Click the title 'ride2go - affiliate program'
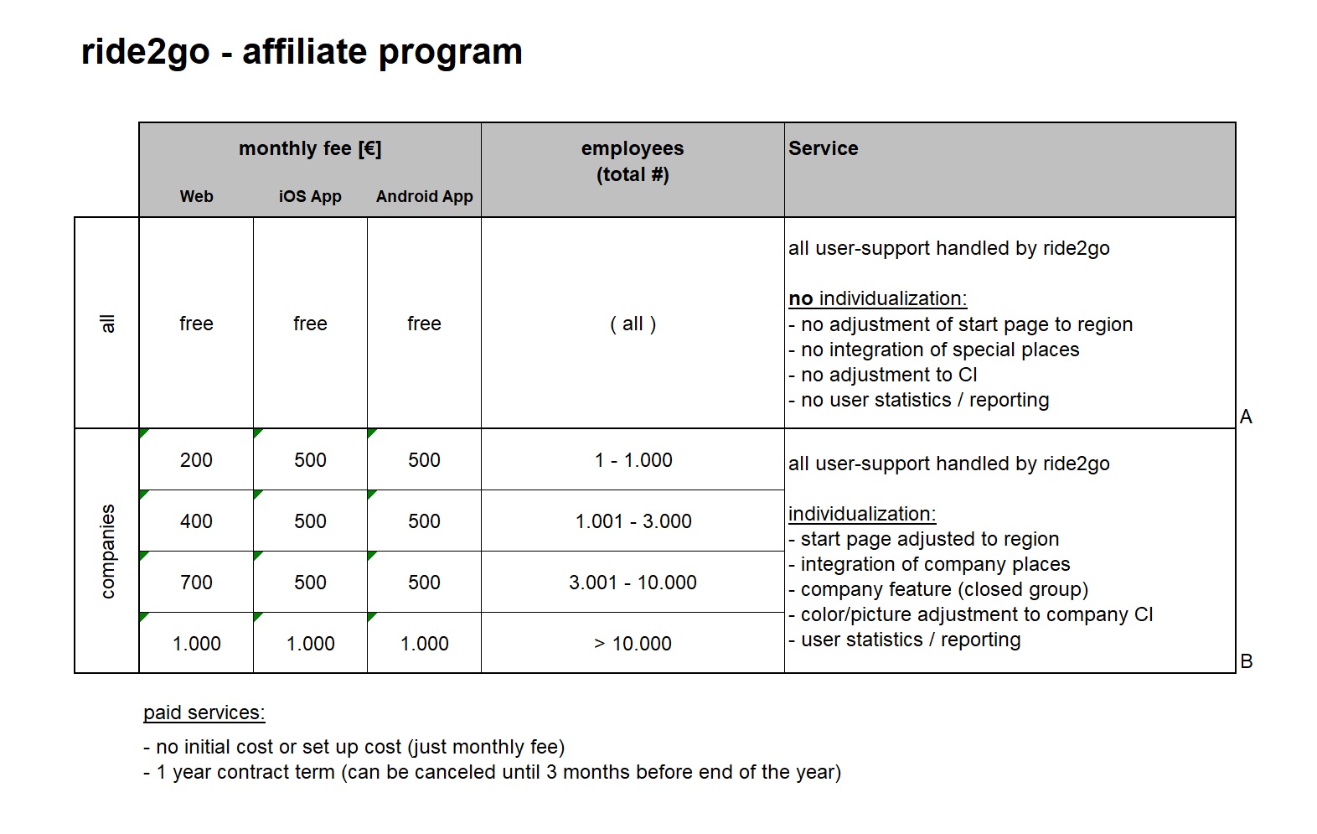click(302, 52)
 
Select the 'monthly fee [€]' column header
click(310, 148)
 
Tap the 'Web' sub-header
click(196, 196)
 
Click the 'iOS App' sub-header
click(310, 196)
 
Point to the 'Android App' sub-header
click(424, 196)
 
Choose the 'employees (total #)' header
click(633, 161)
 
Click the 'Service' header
click(823, 148)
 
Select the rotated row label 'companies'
click(107, 551)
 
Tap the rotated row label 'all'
click(107, 324)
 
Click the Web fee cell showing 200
click(196, 460)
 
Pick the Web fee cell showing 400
click(196, 521)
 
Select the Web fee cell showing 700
click(196, 583)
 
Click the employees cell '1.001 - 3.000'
click(633, 521)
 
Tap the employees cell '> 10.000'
click(633, 644)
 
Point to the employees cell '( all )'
click(633, 324)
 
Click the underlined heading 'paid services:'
click(204, 712)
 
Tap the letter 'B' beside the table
click(1246, 661)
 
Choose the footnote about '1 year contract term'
click(492, 772)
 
